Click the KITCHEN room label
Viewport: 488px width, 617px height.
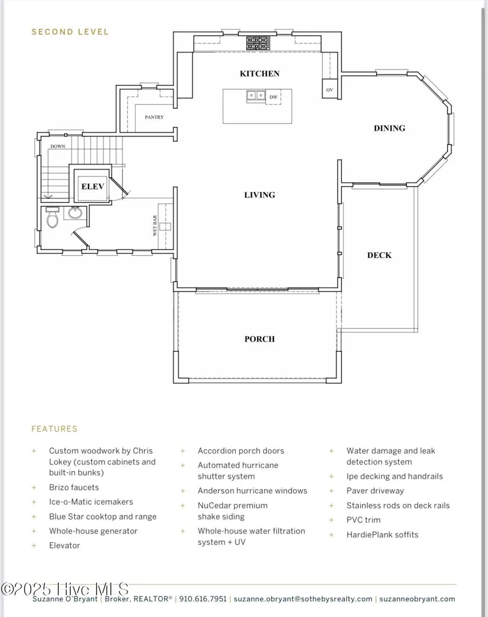tap(260, 74)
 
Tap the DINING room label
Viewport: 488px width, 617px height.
tap(389, 129)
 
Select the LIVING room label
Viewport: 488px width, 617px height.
tap(260, 195)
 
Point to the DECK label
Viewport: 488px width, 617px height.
tap(379, 255)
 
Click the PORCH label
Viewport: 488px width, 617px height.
tap(260, 339)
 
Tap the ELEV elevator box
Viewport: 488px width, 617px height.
tap(93, 186)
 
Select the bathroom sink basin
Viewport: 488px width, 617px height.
tap(75, 213)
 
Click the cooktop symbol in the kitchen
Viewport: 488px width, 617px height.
tap(258, 43)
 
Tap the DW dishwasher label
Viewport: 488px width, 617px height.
tap(274, 97)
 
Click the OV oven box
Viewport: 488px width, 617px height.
tap(330, 89)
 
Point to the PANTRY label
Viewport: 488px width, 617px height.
tap(154, 117)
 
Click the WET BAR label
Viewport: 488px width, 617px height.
tap(155, 226)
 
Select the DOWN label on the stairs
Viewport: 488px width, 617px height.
tap(58, 146)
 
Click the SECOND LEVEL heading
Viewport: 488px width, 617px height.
tap(70, 32)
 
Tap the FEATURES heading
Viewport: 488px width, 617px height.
tap(55, 429)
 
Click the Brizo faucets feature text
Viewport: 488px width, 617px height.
tap(74, 487)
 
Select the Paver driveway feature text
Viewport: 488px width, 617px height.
tap(375, 491)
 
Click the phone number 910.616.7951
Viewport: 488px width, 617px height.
tap(203, 599)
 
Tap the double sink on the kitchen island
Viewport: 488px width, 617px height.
tap(256, 95)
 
